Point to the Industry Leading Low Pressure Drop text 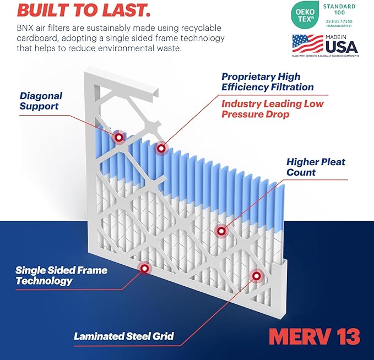pyautogui.click(x=272, y=109)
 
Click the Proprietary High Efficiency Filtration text pyautogui.click(x=267, y=81)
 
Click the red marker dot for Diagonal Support pyautogui.click(x=118, y=138)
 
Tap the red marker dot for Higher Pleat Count pyautogui.click(x=221, y=232)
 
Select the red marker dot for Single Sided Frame pyautogui.click(x=144, y=268)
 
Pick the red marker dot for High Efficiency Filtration pyautogui.click(x=161, y=148)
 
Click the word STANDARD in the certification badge pyautogui.click(x=339, y=7)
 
